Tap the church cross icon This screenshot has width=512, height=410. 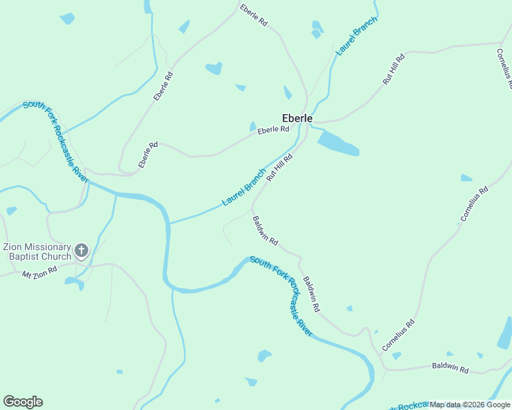81,251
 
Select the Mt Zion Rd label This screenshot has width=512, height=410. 40,273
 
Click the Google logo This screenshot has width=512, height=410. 23,402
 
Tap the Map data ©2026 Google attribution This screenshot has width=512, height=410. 470,405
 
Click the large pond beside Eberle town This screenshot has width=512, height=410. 338,143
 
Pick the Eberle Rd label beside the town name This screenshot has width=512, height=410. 273,129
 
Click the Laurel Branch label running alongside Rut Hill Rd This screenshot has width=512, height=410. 244,187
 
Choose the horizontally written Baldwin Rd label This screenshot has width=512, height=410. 450,368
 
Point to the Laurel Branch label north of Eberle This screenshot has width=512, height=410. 352,42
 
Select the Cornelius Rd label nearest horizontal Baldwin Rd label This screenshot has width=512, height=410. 399,336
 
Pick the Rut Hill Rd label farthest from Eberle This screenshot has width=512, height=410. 394,68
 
